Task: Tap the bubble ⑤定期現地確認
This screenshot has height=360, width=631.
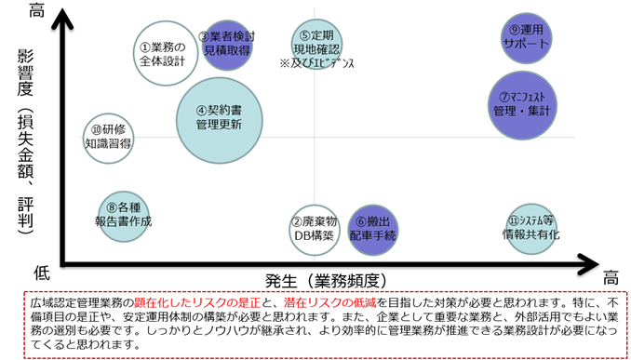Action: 317,42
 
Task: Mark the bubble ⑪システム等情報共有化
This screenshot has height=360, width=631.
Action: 530,227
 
